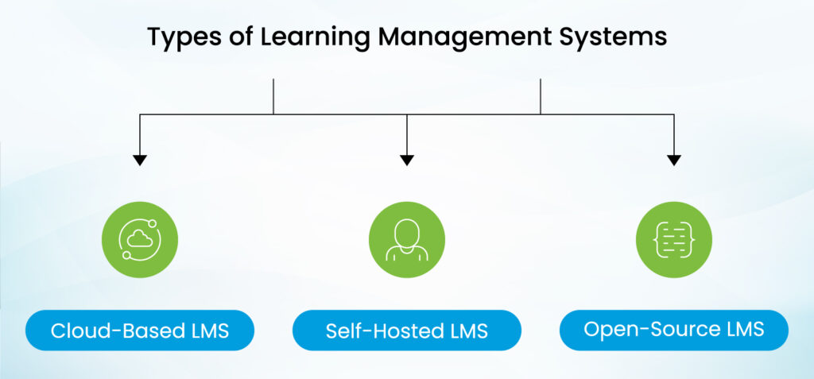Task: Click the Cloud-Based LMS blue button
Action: click(140, 331)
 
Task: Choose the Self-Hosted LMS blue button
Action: click(407, 331)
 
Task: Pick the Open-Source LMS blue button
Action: click(674, 330)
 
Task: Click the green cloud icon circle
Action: click(140, 238)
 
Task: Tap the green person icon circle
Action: click(407, 238)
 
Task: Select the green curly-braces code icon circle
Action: click(674, 238)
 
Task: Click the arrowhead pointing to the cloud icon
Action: click(140, 160)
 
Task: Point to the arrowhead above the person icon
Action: click(407, 160)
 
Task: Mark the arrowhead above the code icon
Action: click(674, 160)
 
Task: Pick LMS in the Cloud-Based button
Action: click(207, 331)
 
